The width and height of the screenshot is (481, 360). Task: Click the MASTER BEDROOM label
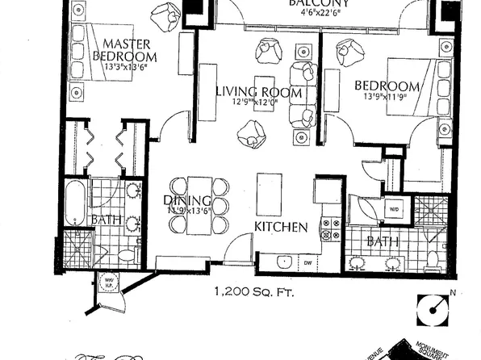click(x=129, y=49)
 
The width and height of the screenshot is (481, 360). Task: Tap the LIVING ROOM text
click(x=258, y=93)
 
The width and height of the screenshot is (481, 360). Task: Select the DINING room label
click(x=187, y=201)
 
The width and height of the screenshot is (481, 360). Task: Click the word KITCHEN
click(x=280, y=228)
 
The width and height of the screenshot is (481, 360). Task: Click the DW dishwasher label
click(x=307, y=263)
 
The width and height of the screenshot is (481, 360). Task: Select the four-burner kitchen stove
click(x=329, y=229)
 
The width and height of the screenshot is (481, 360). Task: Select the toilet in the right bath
click(x=432, y=259)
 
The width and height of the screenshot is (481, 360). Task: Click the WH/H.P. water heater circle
click(x=107, y=283)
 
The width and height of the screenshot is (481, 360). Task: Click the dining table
click(x=199, y=205)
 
